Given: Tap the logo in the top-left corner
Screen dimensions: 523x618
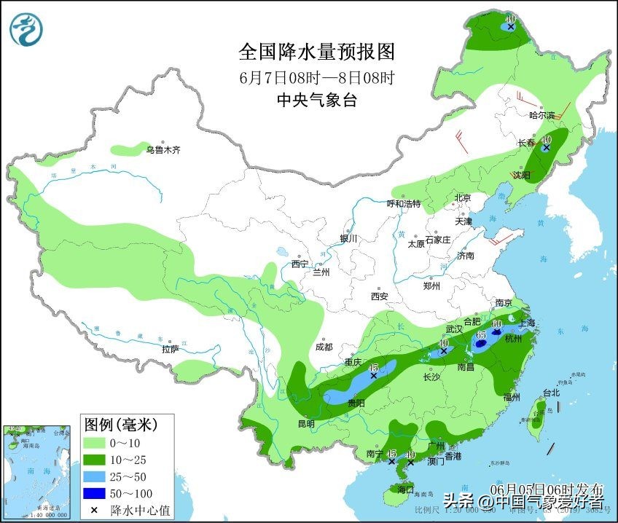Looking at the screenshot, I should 26,28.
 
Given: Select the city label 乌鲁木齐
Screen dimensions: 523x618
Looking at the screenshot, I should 162,150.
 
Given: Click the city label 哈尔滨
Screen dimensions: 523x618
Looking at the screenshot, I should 542,115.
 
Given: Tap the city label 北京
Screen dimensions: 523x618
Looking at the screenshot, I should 463,198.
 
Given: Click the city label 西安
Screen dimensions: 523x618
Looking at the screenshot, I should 379,296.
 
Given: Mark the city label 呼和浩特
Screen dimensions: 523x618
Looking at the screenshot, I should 403,204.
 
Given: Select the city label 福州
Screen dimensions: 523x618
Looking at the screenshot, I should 512,397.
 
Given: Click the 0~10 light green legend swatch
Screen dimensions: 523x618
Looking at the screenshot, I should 96,443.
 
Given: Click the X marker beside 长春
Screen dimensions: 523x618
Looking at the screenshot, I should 546,146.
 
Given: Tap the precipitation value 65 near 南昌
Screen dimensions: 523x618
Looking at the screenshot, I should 481,335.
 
